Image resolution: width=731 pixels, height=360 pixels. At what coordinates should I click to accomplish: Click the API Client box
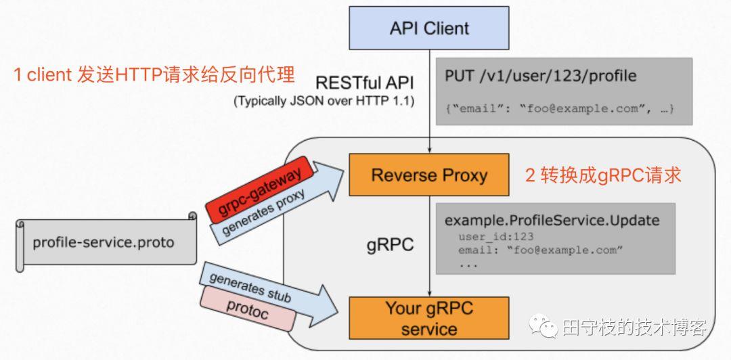pos(429,28)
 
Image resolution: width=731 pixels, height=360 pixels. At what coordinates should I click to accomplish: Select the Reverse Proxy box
pos(429,175)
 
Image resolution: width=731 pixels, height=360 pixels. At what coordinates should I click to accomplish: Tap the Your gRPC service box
pos(429,319)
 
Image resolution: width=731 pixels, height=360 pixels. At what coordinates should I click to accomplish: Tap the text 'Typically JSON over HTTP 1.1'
pos(324,102)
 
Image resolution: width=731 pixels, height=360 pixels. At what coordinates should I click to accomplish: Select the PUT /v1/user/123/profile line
pos(540,75)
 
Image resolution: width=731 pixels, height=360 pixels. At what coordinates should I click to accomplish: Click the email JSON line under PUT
pos(559,108)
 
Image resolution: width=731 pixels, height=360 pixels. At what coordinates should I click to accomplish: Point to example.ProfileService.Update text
pos(552,221)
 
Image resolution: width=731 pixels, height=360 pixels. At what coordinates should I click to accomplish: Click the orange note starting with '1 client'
pos(154,74)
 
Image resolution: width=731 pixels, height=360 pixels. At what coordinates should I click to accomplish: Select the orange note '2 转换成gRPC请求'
pos(603,175)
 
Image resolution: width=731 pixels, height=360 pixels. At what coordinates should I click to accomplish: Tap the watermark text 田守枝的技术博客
pos(634,328)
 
